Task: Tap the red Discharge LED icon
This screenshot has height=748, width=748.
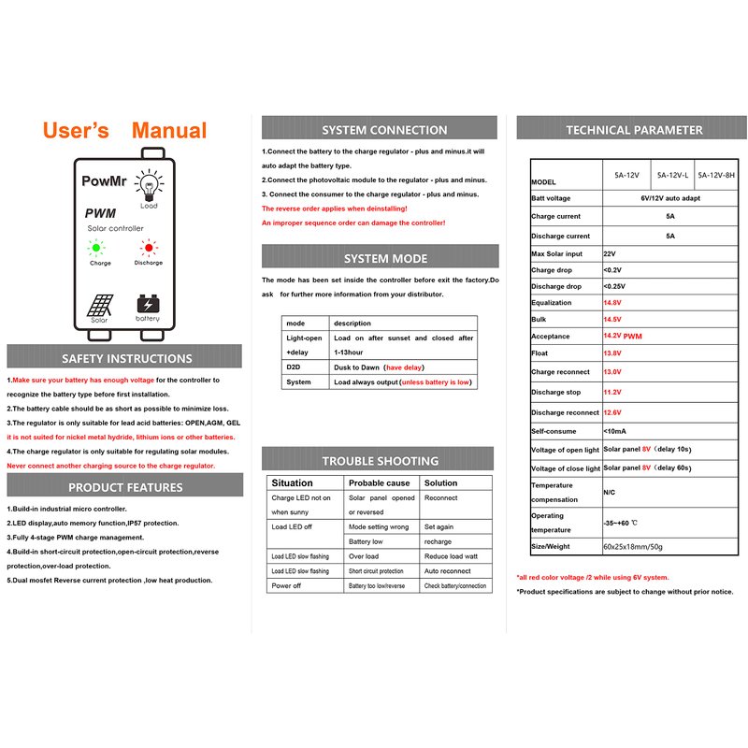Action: tap(147, 248)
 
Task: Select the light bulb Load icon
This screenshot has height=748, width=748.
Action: tap(148, 183)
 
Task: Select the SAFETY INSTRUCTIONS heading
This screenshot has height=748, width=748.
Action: tap(126, 358)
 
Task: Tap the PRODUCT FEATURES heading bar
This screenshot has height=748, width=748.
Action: tap(125, 487)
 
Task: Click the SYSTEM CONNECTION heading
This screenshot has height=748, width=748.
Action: tap(384, 130)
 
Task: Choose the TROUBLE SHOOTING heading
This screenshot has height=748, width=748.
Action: tap(380, 461)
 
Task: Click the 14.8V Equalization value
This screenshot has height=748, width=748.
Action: tap(612, 303)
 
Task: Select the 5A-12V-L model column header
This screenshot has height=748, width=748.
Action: tap(672, 175)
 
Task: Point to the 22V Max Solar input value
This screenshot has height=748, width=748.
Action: tap(610, 253)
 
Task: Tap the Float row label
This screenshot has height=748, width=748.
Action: tap(541, 353)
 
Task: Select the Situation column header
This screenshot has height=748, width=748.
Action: tap(292, 483)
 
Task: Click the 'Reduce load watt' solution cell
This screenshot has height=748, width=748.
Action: tap(451, 556)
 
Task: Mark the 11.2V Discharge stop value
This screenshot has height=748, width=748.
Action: tap(612, 393)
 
